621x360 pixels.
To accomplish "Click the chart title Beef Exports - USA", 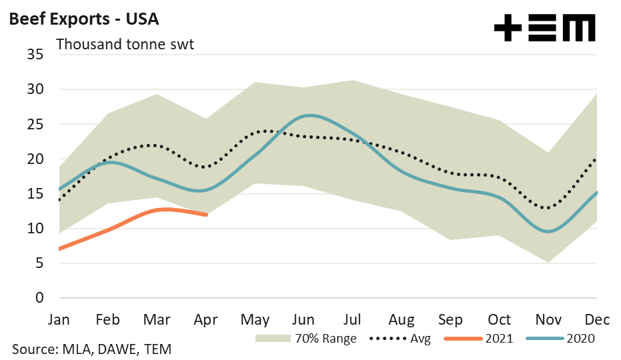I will tap(83, 19).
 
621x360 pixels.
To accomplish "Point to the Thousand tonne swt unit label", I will tap(125, 45).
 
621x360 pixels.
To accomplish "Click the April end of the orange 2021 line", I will tap(207, 215).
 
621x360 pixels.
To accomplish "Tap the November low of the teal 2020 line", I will tap(548, 231).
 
